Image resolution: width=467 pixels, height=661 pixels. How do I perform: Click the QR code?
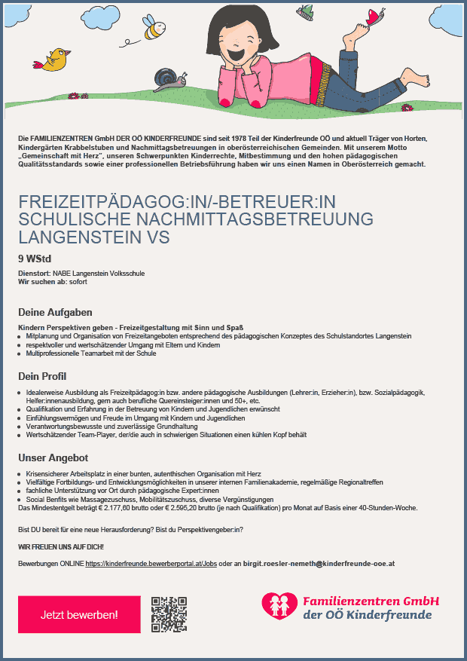pos(169,614)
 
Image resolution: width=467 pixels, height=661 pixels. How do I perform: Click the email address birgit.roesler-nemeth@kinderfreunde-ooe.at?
pos(313,563)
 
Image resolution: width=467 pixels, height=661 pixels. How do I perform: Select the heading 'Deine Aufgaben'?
pos(54,312)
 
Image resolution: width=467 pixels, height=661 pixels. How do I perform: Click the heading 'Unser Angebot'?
pos(53,457)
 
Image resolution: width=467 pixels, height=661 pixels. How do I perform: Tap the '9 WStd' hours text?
pos(35,259)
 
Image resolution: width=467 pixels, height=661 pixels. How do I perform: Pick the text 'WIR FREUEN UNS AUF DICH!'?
pos(61,545)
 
